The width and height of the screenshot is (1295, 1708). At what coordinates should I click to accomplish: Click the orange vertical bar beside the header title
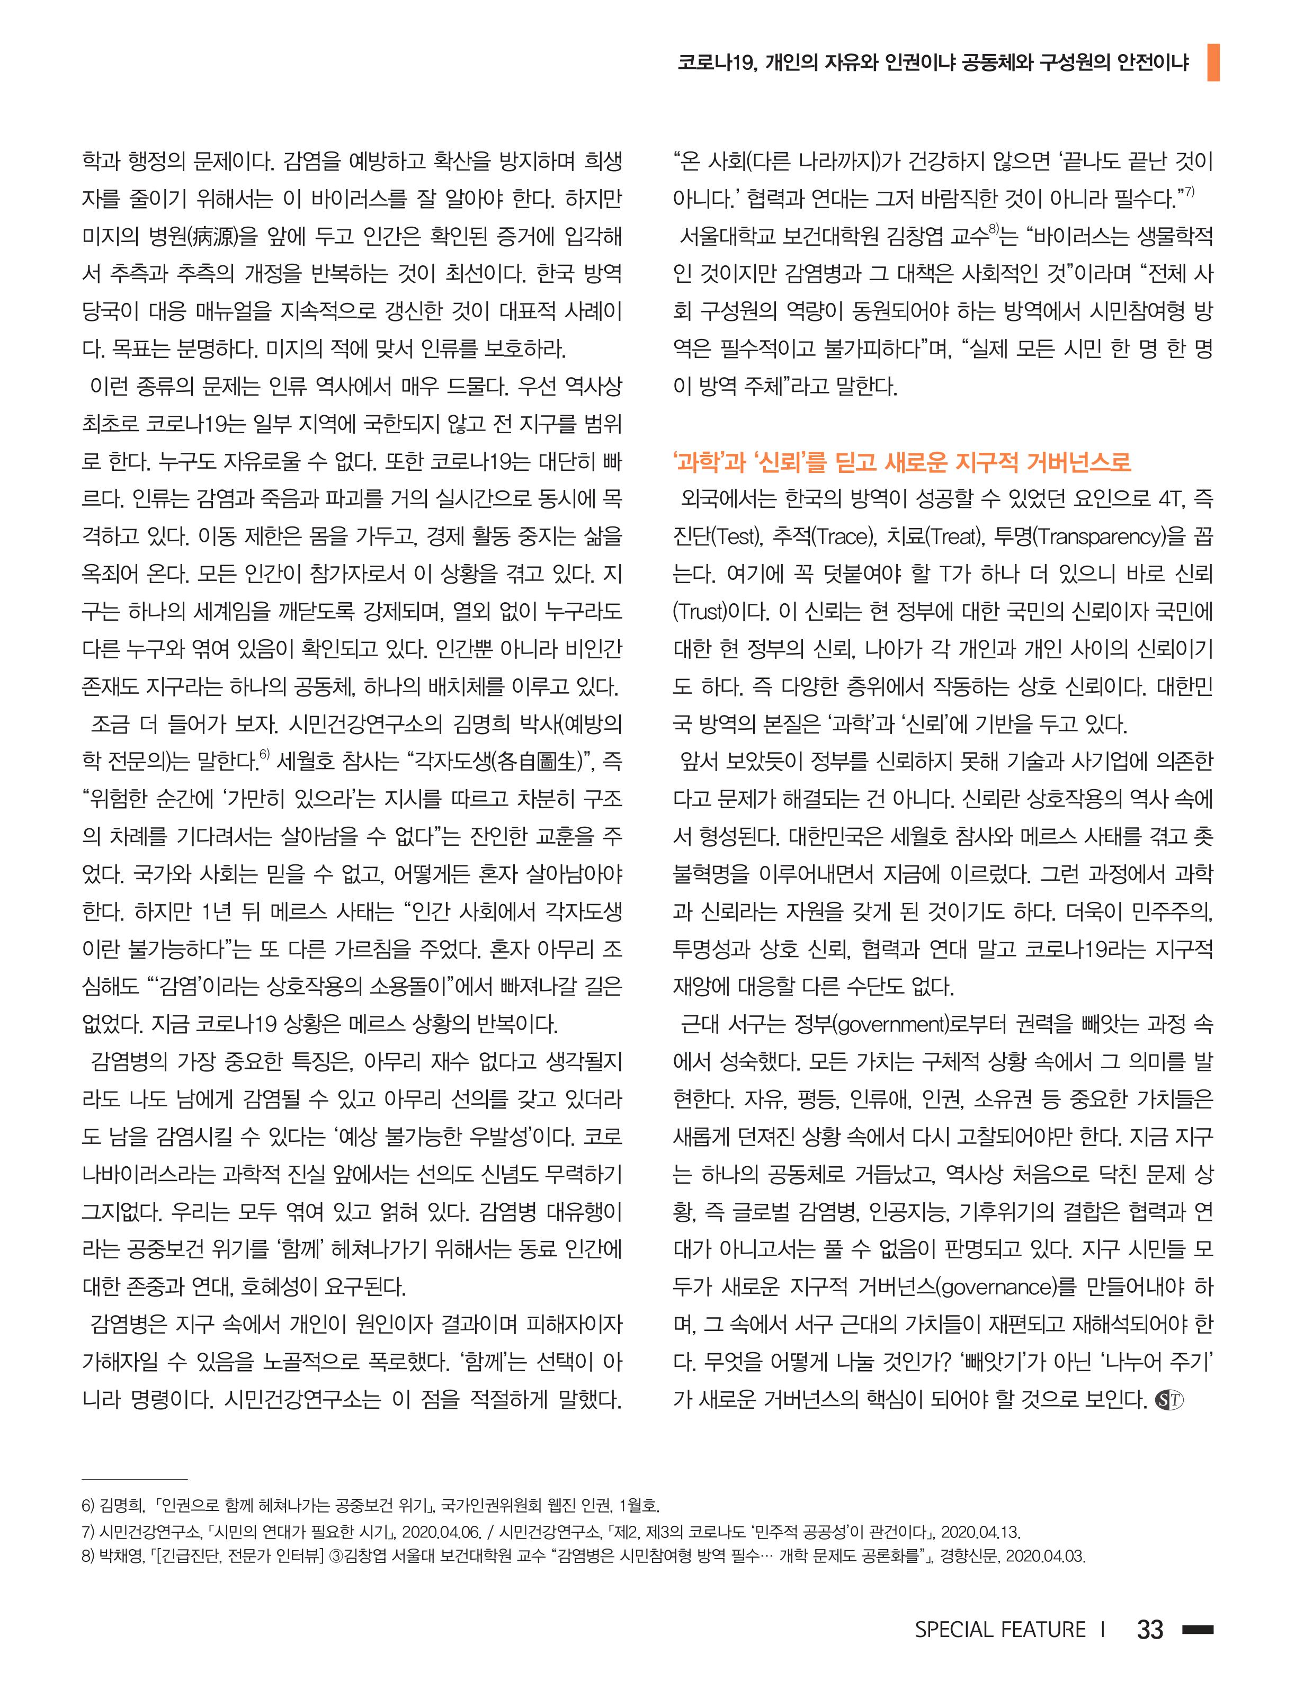(1212, 62)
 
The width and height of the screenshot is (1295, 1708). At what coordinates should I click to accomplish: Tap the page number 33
(1150, 1629)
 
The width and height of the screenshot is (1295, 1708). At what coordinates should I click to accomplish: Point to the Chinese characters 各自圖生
(535, 762)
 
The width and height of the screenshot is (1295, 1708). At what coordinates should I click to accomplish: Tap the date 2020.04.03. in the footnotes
(1047, 1556)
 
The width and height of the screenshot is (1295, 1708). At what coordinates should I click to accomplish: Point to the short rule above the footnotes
(135, 1479)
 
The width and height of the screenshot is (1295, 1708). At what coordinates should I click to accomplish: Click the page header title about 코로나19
(933, 62)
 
